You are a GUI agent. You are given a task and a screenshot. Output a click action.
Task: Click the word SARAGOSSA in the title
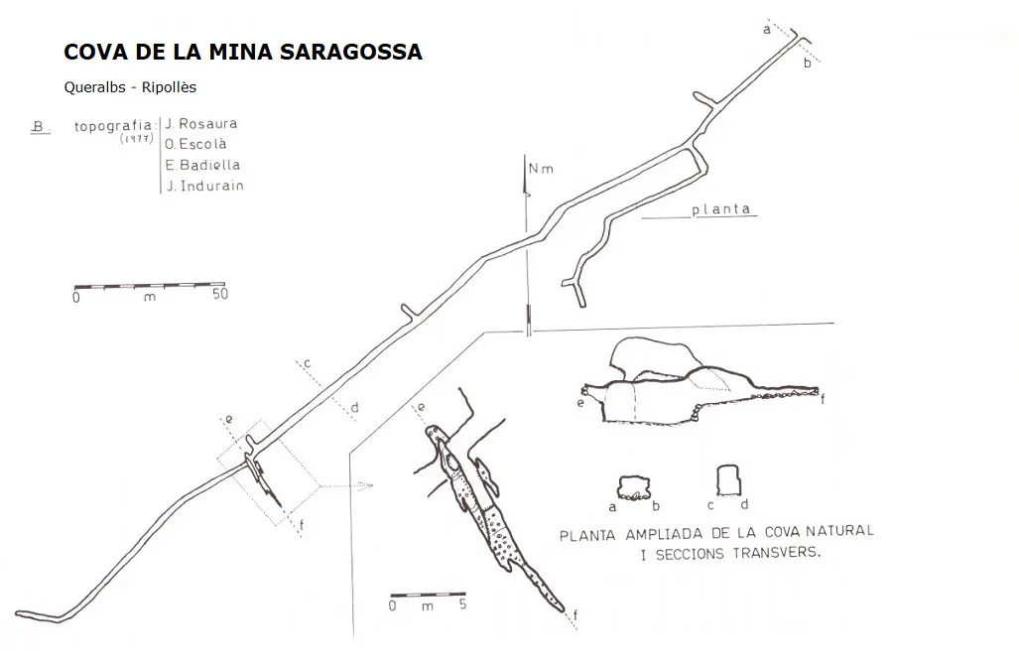point(350,52)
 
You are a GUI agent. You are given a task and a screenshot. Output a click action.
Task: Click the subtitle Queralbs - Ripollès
point(130,87)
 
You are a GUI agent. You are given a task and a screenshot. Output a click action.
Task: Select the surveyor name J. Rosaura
point(201,123)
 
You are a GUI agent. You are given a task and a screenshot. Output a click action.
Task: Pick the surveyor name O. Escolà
point(195,144)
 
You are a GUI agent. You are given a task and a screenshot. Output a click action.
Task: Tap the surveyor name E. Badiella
point(202,165)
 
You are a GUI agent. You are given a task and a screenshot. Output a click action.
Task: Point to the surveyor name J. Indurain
point(204,186)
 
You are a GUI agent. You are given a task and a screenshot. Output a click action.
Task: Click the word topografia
point(114,126)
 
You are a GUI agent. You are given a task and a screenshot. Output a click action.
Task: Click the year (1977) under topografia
point(137,138)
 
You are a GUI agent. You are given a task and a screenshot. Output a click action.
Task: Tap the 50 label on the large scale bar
point(220,294)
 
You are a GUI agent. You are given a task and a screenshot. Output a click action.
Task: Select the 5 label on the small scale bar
point(462,604)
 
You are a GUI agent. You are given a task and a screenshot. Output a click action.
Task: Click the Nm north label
point(541,169)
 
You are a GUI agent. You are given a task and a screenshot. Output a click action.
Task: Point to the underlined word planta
point(721,209)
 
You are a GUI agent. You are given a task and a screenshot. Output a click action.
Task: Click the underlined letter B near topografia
point(39,127)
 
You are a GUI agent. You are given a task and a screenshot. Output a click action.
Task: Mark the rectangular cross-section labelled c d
point(728,480)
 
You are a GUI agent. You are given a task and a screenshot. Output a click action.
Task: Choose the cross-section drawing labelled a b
point(634,488)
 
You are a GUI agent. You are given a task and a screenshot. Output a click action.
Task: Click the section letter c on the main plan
point(308,363)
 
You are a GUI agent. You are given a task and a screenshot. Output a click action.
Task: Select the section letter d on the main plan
point(355,408)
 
